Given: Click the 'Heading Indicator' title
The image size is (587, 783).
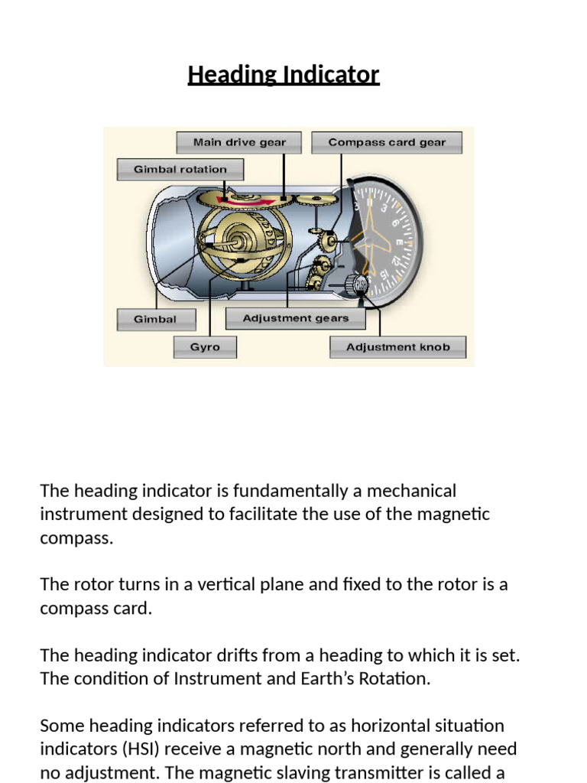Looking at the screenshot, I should click(284, 75).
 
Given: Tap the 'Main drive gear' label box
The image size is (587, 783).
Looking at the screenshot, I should click(238, 142).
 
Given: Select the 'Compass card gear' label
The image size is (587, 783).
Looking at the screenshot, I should click(386, 142).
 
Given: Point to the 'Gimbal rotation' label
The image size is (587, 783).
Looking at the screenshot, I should click(180, 169).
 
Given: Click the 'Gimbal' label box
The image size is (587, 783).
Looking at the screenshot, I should click(155, 319).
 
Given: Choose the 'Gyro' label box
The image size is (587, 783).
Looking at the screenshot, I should click(205, 347).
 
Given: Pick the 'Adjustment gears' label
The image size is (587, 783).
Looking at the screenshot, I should click(295, 318).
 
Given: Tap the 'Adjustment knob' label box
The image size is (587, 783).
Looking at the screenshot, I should click(398, 347).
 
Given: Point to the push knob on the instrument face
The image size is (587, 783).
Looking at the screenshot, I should click(359, 284).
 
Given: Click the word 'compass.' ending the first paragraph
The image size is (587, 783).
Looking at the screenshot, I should click(76, 538).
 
